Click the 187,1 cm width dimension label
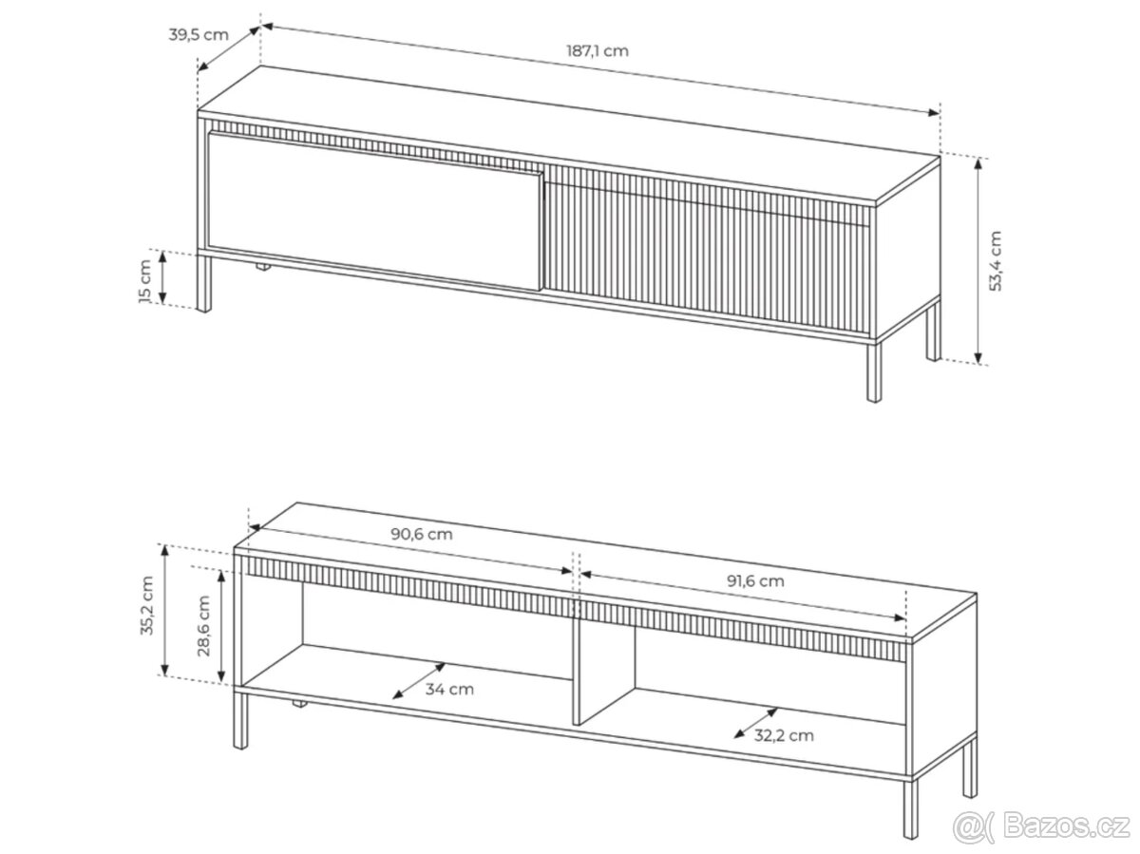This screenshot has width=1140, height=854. (597, 51)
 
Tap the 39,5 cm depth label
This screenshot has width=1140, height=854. (199, 35)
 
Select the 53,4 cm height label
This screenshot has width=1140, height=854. (995, 260)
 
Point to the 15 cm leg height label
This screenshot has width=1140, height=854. (145, 280)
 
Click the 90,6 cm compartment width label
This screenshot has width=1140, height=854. (421, 534)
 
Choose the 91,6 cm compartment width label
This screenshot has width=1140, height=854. (755, 581)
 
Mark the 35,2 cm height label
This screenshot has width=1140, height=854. (147, 605)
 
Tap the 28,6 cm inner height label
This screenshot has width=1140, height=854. (203, 626)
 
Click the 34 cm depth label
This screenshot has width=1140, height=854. (449, 690)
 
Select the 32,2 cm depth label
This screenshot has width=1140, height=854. (784, 735)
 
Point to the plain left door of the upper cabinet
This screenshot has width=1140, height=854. (374, 210)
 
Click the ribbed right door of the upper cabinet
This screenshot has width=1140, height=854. (707, 250)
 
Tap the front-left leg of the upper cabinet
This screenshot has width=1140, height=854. (204, 283)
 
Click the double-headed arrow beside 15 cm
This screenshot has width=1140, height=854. (162, 276)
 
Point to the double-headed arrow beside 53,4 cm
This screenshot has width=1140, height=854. (978, 260)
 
